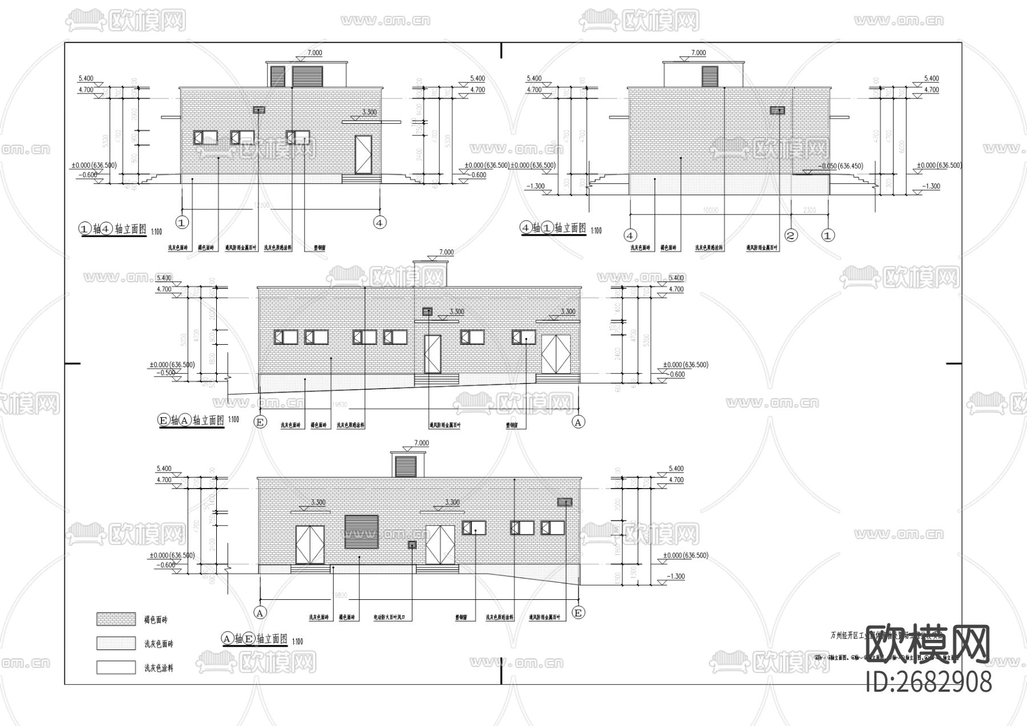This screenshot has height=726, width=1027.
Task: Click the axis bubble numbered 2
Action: [791, 235]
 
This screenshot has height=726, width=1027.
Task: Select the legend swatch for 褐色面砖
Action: [116, 619]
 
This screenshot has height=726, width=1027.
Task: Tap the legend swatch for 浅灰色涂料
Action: [116, 667]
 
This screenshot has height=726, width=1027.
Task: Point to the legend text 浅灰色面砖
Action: [159, 644]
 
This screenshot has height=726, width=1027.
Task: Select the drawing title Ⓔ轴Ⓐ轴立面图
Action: [191, 420]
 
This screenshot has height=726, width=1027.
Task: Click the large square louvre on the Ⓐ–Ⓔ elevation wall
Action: [361, 531]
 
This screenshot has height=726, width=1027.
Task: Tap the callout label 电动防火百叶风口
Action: [392, 618]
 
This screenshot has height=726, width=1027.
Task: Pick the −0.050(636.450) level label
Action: [840, 166]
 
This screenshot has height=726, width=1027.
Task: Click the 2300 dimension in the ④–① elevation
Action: [809, 210]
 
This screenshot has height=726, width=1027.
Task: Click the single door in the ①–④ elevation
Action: [363, 155]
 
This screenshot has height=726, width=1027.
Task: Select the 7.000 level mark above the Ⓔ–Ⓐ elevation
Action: [446, 252]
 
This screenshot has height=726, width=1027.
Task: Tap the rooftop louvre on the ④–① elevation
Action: [710, 75]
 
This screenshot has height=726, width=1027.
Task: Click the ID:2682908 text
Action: [929, 682]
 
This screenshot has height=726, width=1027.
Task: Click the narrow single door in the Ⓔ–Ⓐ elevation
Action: [432, 354]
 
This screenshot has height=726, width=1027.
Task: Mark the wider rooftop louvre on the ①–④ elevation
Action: [308, 75]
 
